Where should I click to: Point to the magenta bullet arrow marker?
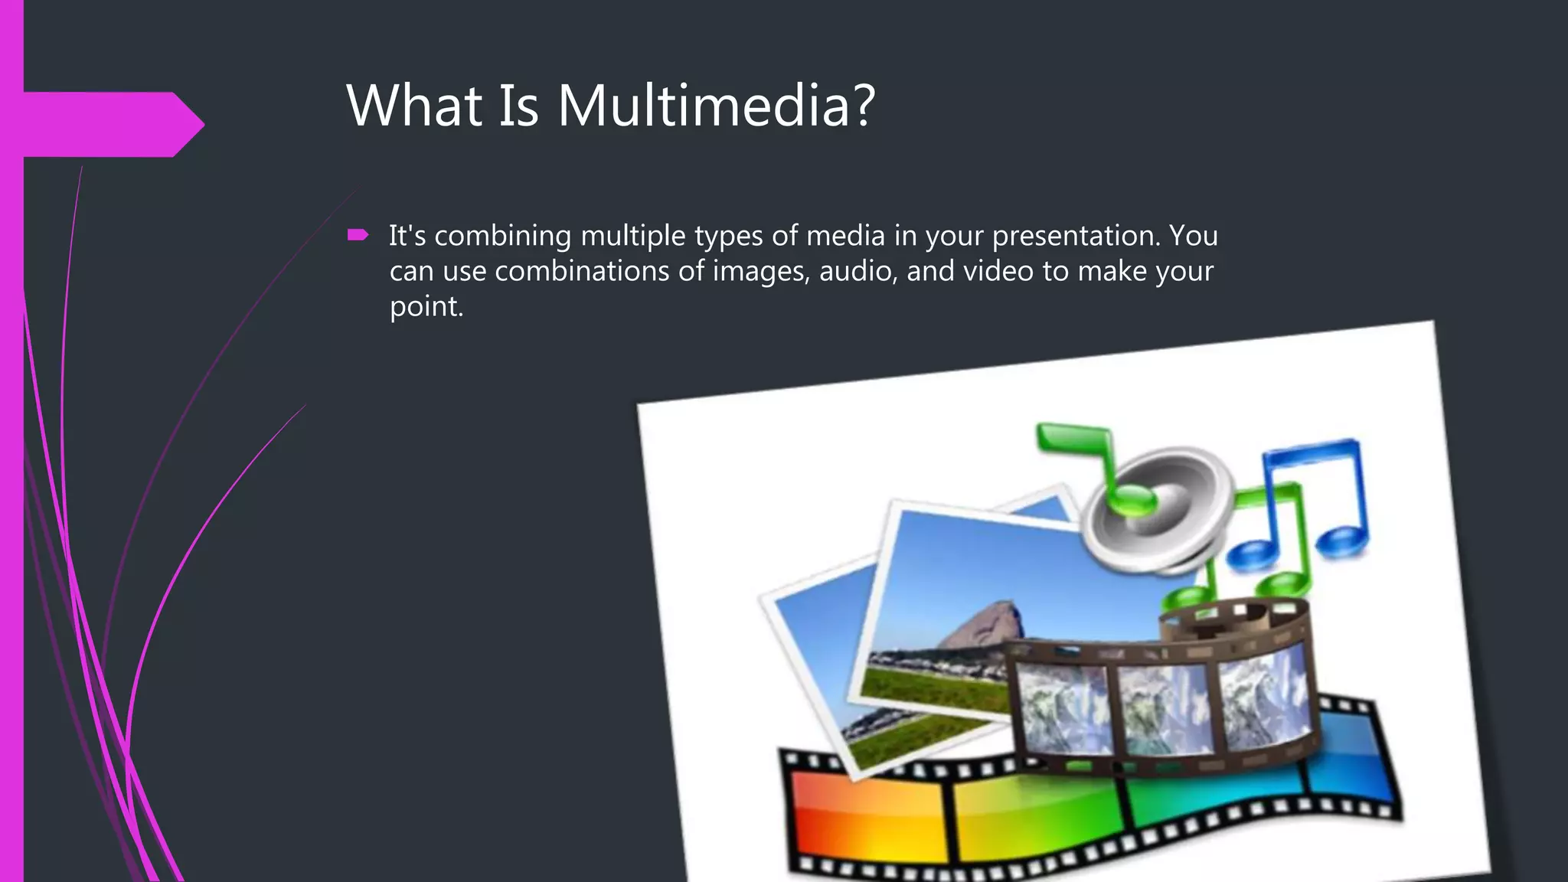pos(358,235)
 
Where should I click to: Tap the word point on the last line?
pos(426,307)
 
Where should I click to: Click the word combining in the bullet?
pos(502,236)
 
